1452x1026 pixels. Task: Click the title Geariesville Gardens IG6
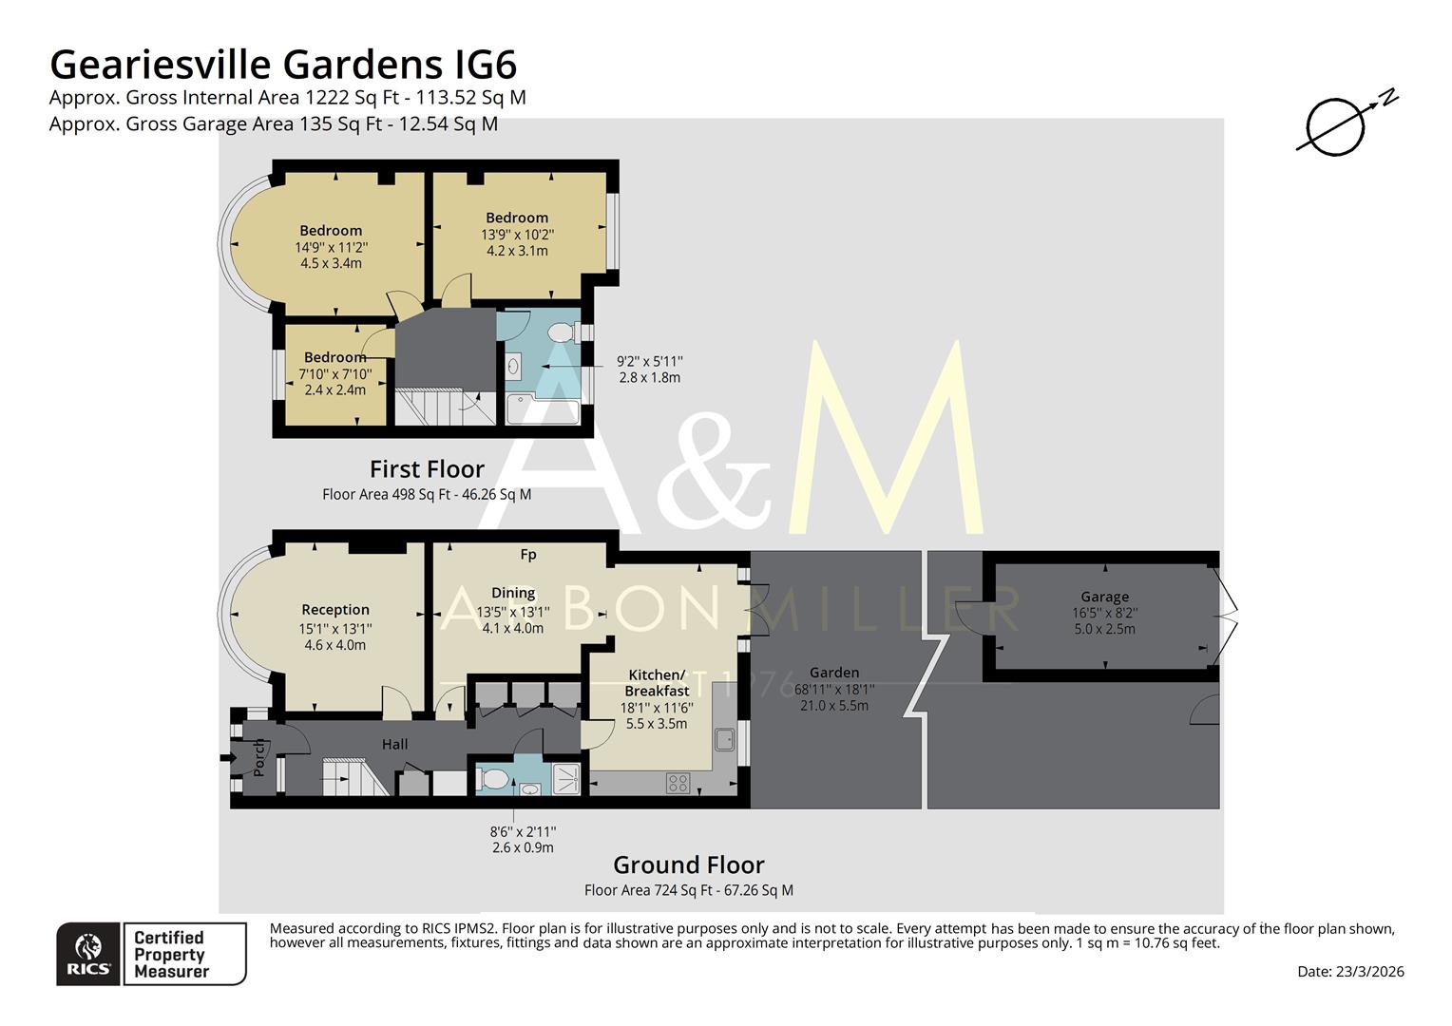(283, 65)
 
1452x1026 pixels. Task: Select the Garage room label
(1104, 597)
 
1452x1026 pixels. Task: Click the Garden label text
(833, 673)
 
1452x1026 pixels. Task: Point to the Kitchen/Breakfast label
(657, 683)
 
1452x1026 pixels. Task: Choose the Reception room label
(334, 610)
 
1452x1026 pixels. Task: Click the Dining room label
(512, 593)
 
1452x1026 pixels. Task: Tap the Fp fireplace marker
(528, 554)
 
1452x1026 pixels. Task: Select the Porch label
(258, 757)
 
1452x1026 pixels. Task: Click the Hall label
(395, 744)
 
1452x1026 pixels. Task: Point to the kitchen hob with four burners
(678, 783)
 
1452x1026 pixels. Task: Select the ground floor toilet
(494, 779)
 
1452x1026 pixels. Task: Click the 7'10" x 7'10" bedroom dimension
(334, 373)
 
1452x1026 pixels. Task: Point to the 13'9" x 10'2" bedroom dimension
(517, 235)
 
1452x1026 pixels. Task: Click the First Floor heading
(427, 469)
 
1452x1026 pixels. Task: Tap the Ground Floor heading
(688, 864)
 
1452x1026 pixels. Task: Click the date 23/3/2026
(1349, 971)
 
